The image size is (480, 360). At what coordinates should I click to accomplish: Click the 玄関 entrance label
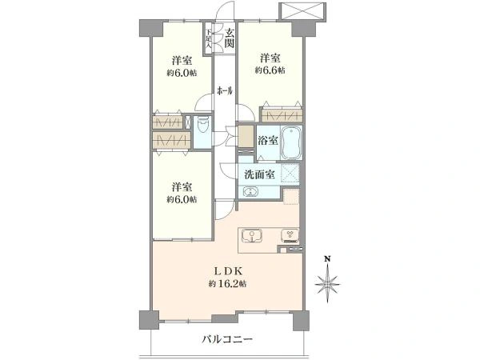point(230,38)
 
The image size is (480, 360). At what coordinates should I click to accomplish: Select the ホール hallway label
point(225,91)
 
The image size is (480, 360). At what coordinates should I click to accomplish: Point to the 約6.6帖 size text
point(270,70)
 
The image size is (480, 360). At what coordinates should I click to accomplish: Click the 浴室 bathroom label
point(268,141)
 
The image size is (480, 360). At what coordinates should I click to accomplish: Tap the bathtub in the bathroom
point(291,142)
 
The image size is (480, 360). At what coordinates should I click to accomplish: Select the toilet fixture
point(202,125)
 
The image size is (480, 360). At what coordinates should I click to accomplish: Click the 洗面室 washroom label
point(259,174)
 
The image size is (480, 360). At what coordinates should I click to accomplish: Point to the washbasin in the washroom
point(250,192)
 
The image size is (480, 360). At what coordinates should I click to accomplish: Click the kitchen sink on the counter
point(252,236)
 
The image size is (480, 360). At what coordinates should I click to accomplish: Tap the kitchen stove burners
point(290,235)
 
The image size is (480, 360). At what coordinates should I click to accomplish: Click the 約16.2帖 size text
point(227,284)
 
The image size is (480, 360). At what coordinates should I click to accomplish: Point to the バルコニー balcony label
point(227,339)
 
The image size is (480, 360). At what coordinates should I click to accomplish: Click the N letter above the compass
point(327,259)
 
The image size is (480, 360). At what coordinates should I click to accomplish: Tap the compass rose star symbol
point(327,284)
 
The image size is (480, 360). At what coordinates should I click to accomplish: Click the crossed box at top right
point(302,12)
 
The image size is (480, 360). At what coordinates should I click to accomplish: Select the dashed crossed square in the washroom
point(290,174)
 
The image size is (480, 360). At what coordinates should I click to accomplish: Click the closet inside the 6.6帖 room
point(282,115)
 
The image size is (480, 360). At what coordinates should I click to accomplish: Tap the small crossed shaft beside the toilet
point(188,122)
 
